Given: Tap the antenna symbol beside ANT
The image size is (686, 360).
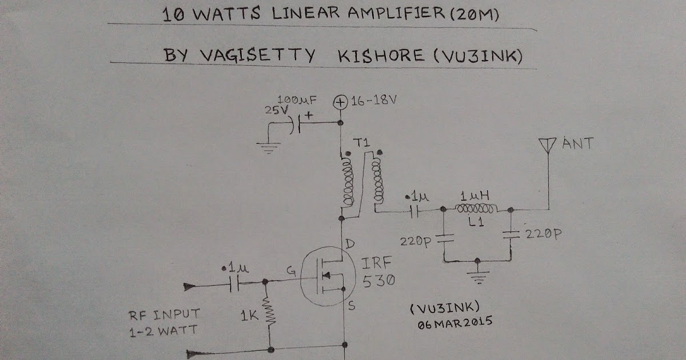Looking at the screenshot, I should pos(548,146).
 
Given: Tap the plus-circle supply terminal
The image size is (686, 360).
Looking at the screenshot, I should pos(340,102).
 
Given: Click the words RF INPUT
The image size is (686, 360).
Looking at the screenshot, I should pos(164,313).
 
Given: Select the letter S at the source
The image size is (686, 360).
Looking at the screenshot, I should pos(351,306).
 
